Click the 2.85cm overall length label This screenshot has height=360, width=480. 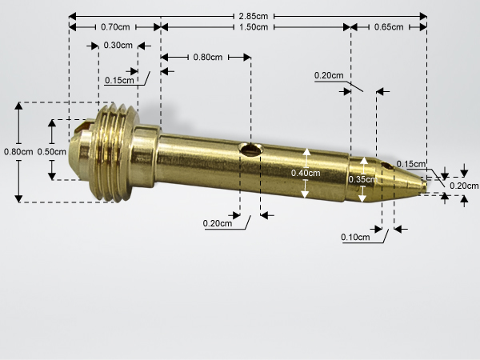coord(254,16)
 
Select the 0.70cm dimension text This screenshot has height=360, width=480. coord(115,27)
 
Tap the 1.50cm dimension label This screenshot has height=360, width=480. coord(254,27)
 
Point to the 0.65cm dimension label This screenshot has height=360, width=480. coord(389,27)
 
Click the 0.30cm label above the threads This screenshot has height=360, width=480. coord(118,46)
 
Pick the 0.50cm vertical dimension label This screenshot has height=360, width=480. coord(52,152)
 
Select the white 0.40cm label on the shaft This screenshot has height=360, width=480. coord(306,174)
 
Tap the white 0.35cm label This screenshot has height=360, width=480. coord(362,179)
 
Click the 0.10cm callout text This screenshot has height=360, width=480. coord(355,238)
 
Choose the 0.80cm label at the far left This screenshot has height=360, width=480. coord(18,152)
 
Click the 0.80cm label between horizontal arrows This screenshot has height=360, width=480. coord(208,58)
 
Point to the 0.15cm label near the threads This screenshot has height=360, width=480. coord(119,81)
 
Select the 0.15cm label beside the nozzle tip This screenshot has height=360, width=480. coord(411,164)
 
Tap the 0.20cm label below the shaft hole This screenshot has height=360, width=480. coord(218,223)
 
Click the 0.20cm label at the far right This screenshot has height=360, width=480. coord(464,186)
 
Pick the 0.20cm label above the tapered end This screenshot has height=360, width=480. coord(329,75)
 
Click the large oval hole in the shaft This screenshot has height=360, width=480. coord(251,150)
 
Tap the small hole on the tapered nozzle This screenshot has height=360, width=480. coord(387,166)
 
